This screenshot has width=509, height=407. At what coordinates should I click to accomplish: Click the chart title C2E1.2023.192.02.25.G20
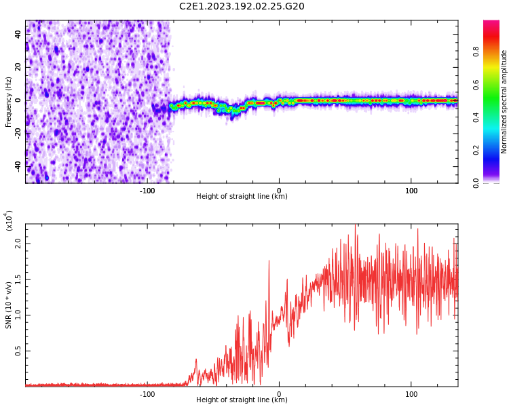(x=242, y=7)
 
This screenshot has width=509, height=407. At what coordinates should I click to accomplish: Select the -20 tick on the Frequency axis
(x=17, y=133)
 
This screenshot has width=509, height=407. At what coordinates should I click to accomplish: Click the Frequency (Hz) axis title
(x=8, y=102)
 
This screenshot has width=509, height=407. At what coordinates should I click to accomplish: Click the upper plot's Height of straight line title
(x=242, y=197)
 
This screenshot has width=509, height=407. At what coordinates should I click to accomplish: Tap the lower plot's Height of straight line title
(x=242, y=400)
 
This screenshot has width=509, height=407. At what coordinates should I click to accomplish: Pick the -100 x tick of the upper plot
(x=147, y=191)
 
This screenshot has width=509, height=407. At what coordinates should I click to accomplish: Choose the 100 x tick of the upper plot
(x=411, y=191)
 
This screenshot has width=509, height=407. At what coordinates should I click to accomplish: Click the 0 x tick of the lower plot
(x=279, y=394)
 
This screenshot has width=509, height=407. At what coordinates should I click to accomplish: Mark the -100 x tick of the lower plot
(x=147, y=394)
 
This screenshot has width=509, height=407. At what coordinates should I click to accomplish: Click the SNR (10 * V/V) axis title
(x=9, y=305)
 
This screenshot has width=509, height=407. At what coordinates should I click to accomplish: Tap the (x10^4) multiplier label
(x=9, y=220)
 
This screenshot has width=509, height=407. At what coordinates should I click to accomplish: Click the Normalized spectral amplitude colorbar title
(x=504, y=102)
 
